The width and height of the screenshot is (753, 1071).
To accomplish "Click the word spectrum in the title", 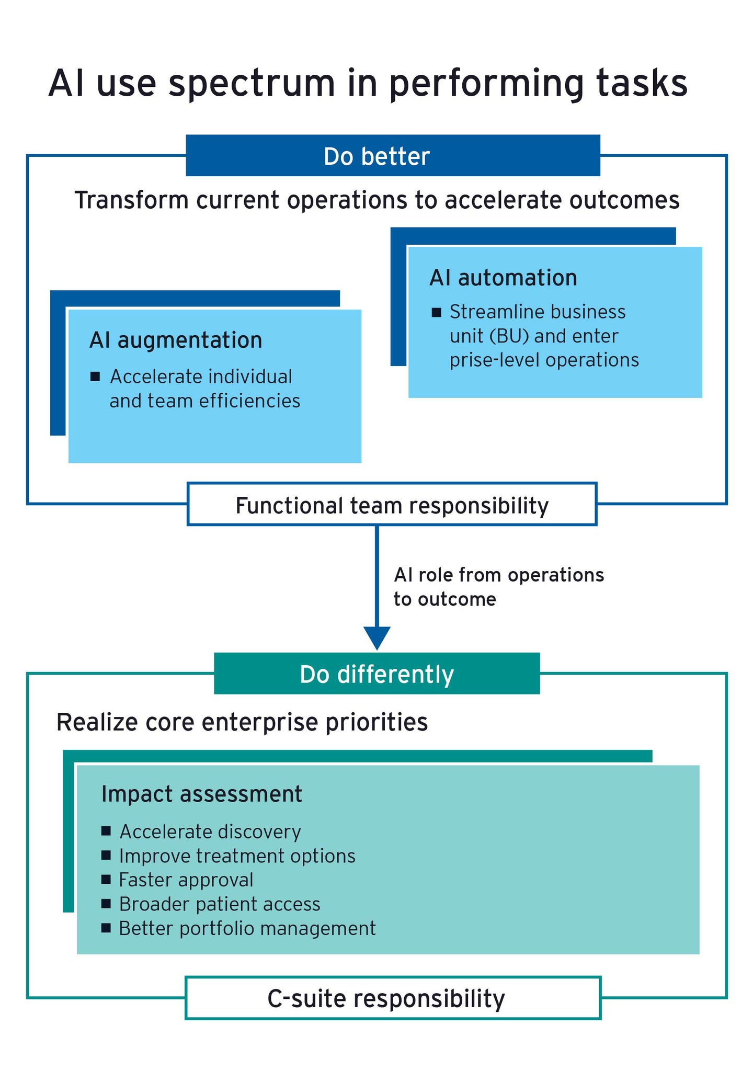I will (252, 84).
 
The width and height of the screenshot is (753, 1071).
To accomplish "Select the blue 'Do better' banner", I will (393, 156).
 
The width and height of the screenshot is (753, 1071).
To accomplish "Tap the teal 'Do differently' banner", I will (376, 674).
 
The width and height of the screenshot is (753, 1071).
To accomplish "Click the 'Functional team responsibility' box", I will (392, 505).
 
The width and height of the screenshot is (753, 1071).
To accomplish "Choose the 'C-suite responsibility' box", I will (393, 998).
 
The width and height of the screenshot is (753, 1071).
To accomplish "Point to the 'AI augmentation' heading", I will (176, 340).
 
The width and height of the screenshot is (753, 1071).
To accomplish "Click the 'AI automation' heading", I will (503, 278).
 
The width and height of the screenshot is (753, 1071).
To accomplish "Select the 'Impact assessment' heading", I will (202, 794).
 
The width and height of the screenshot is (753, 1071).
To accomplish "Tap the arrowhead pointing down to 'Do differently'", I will (376, 637).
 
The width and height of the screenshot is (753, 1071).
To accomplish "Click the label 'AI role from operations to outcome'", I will (498, 587).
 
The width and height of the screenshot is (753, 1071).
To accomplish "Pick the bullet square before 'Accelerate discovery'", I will (106, 831).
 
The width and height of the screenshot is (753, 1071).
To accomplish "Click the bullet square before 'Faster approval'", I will (106, 879).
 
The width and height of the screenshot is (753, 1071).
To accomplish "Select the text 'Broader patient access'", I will (220, 904).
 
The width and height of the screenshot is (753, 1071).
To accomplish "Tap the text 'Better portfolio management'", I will (247, 928).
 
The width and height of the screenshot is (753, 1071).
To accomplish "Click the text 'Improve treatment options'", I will (237, 856).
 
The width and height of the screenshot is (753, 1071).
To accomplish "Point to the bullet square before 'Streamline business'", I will (437, 313).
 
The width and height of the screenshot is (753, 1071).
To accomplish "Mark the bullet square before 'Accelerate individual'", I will (95, 377).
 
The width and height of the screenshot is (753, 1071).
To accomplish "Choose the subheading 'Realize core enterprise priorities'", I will (242, 723).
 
